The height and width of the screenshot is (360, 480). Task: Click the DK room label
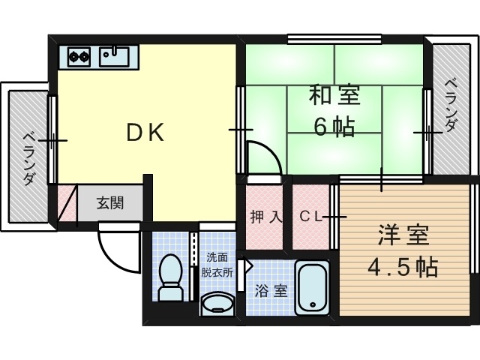(x=145, y=132)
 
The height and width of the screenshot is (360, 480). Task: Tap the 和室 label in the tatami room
(x=334, y=95)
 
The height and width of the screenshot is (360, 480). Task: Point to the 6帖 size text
(x=334, y=127)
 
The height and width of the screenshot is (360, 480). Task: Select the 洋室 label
(x=403, y=235)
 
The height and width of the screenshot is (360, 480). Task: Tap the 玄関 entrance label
(x=110, y=202)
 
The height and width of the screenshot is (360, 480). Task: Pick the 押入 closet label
(x=265, y=217)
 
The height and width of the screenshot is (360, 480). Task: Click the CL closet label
(x=310, y=217)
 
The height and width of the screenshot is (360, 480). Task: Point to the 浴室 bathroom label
(x=271, y=291)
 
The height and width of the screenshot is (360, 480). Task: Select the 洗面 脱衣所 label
(x=217, y=265)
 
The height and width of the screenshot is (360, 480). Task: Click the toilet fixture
(x=170, y=277)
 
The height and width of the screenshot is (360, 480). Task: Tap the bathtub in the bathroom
(x=312, y=287)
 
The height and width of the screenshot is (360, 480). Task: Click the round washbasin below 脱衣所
(x=217, y=303)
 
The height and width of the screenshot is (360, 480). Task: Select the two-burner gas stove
(x=79, y=57)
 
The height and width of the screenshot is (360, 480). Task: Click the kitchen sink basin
(x=114, y=57)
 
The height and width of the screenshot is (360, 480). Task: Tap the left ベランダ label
(x=30, y=158)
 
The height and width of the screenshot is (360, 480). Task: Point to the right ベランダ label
(x=451, y=105)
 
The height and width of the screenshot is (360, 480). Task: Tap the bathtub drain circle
(x=313, y=305)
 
